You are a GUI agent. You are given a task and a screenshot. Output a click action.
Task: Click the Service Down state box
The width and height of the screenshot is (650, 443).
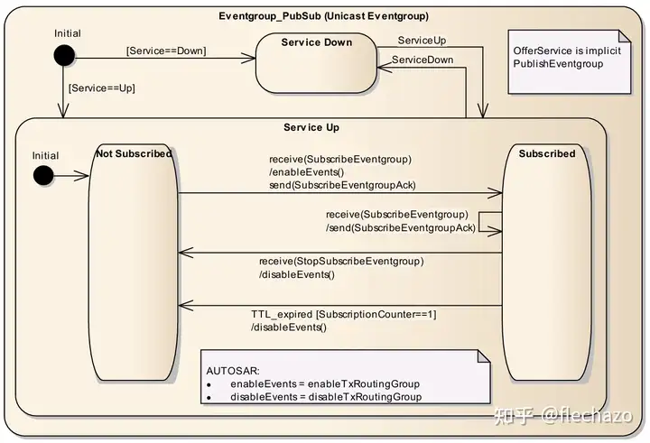point(316,62)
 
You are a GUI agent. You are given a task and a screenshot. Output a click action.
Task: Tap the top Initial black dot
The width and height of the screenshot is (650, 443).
point(63,56)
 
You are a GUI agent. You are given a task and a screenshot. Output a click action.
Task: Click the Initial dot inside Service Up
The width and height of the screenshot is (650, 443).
point(43,175)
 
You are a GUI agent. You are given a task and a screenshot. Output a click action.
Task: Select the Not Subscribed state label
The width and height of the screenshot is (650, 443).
point(133,154)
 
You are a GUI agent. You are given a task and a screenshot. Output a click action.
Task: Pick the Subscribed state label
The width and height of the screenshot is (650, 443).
point(546,154)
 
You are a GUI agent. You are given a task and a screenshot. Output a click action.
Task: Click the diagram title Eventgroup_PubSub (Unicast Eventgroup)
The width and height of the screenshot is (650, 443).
point(324,16)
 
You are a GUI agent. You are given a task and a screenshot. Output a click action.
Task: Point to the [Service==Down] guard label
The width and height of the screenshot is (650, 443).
point(166,51)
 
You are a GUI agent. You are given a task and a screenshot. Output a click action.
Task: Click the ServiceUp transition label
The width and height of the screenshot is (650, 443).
point(422,41)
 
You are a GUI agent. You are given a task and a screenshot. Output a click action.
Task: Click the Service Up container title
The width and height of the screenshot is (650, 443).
point(311,127)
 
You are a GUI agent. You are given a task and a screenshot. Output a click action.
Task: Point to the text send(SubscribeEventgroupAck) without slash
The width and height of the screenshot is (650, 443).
point(342,185)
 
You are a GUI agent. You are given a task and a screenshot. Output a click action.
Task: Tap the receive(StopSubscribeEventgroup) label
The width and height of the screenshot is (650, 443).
point(340,262)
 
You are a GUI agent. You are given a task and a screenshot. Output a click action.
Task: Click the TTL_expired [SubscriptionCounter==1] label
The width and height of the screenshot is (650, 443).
point(344,314)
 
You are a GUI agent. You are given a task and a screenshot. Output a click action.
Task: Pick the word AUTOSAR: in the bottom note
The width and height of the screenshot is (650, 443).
point(233,371)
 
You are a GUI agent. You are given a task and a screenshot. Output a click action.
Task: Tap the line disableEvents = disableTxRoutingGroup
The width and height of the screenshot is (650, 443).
point(325,397)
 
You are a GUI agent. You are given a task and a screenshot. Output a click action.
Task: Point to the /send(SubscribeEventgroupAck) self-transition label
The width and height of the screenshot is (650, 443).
point(400,228)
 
